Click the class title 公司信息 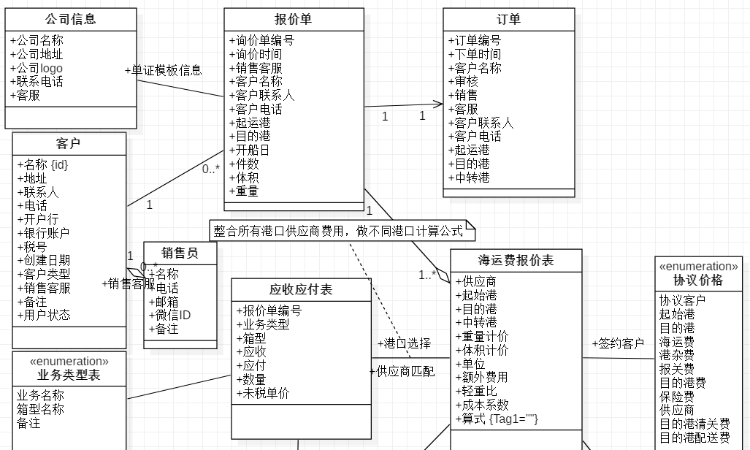[70, 20]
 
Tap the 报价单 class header [293, 20]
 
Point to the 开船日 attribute [249, 150]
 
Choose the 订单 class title [508, 20]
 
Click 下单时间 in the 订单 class [475, 54]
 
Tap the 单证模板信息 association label [164, 71]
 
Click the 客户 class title [69, 143]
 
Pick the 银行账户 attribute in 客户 [44, 233]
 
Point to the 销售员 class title [180, 253]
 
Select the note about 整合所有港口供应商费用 [338, 231]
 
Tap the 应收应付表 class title [301, 289]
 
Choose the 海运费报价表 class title [516, 260]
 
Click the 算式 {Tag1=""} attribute [497, 419]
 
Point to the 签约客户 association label [618, 343]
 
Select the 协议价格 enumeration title [698, 280]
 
